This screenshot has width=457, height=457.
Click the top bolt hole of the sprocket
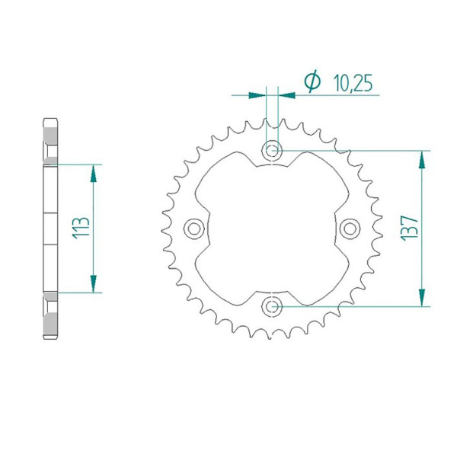tap(272, 151)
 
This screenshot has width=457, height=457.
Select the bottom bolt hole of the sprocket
tap(272, 306)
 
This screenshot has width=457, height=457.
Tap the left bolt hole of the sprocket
tap(194, 228)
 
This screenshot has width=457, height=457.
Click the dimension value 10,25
tap(352, 83)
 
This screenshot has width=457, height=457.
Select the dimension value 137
tap(409, 228)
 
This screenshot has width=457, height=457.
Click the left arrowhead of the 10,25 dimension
tap(260, 95)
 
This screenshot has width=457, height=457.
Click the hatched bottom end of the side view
tap(50, 318)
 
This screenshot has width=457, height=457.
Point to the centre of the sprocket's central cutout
tap(272, 228)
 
